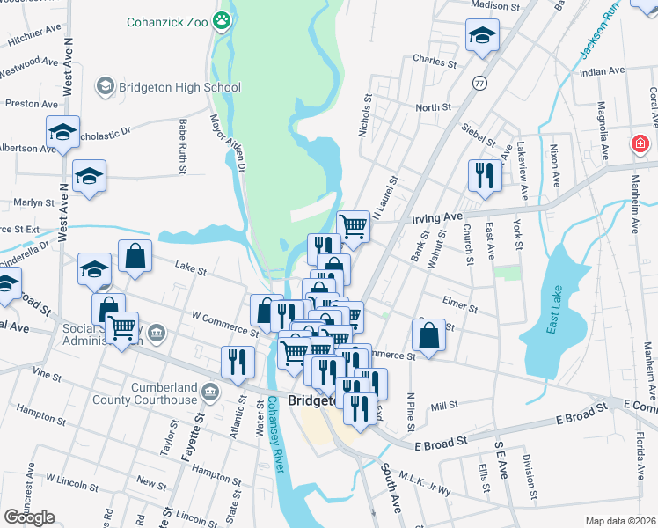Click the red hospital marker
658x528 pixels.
(640, 143)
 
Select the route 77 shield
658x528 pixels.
(479, 83)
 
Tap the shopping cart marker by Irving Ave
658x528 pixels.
(353, 225)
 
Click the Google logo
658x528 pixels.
(29, 517)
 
